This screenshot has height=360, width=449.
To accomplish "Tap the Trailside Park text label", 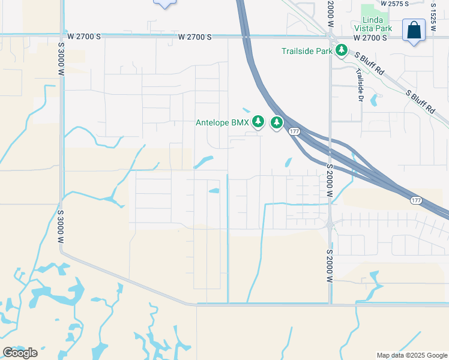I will (x=307, y=51).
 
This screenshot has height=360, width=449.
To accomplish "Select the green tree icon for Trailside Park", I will (x=342, y=50).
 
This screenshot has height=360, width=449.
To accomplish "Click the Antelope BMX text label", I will (x=222, y=122).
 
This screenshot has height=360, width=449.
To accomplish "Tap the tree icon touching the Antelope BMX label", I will (x=258, y=122).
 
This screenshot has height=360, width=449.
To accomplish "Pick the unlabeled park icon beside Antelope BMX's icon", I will (x=276, y=123).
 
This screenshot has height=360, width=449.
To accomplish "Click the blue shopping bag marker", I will (x=414, y=31).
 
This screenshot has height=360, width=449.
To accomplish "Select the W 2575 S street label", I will (x=394, y=4).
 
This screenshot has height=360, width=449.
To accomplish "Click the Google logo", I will (x=20, y=352).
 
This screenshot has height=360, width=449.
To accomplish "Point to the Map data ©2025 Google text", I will (x=412, y=355).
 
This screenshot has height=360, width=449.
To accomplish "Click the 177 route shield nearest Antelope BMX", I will (x=294, y=132).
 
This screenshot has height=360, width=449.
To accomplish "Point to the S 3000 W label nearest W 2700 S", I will (x=61, y=58).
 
